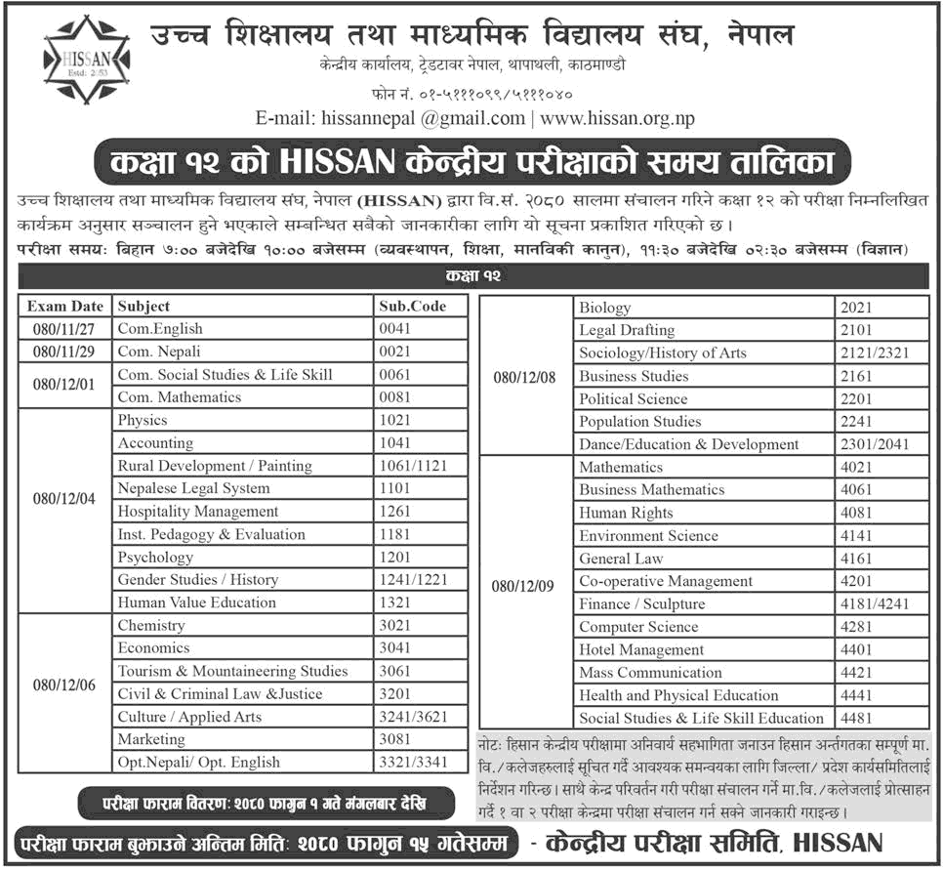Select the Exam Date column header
pyautogui.click(x=65, y=307)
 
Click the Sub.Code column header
pyautogui.click(x=412, y=307)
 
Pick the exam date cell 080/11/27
pyautogui.click(x=65, y=329)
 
